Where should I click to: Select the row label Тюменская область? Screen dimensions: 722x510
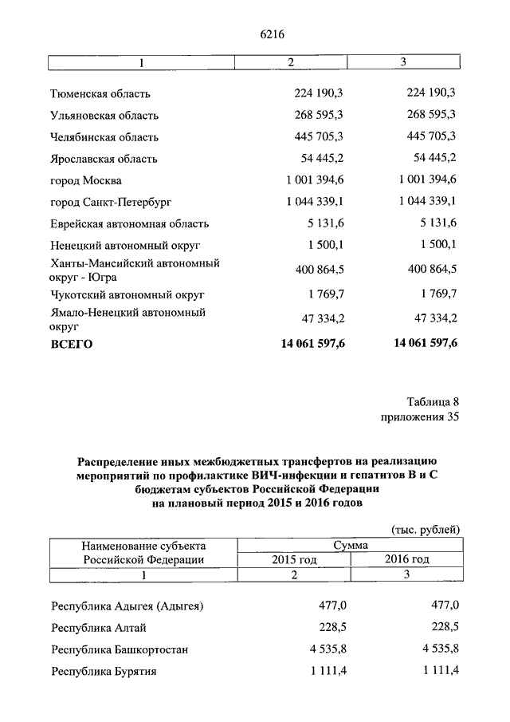(x=100, y=93)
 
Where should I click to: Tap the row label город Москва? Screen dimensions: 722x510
(x=85, y=180)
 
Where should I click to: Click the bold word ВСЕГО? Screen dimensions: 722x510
(x=72, y=345)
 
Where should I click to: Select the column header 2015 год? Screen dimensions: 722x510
(x=294, y=560)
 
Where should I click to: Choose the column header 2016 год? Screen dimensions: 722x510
(x=406, y=560)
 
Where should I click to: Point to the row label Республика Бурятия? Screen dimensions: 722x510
(x=104, y=672)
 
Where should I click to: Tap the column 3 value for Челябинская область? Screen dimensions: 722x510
(x=431, y=136)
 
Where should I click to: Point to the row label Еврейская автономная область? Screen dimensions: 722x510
(x=129, y=223)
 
